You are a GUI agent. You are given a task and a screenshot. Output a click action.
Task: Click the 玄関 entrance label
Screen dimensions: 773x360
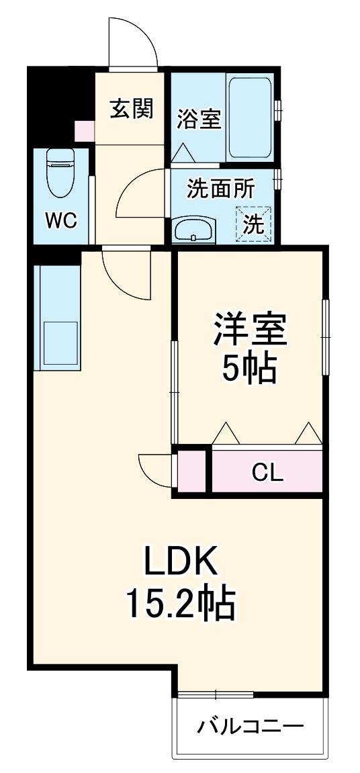[132, 108]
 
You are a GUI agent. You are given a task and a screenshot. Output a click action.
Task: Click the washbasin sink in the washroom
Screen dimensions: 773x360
[195, 230]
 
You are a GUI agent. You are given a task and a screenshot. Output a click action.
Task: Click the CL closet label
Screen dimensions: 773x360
[267, 473]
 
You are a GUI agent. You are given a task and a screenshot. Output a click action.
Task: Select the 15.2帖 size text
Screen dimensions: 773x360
[179, 602]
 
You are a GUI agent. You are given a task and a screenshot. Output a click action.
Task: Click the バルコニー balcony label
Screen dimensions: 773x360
[251, 726]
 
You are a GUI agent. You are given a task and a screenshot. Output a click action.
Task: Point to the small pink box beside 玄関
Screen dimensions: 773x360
[85, 130]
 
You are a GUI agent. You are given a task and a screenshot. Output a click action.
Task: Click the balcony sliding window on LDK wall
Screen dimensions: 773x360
[215, 694]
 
